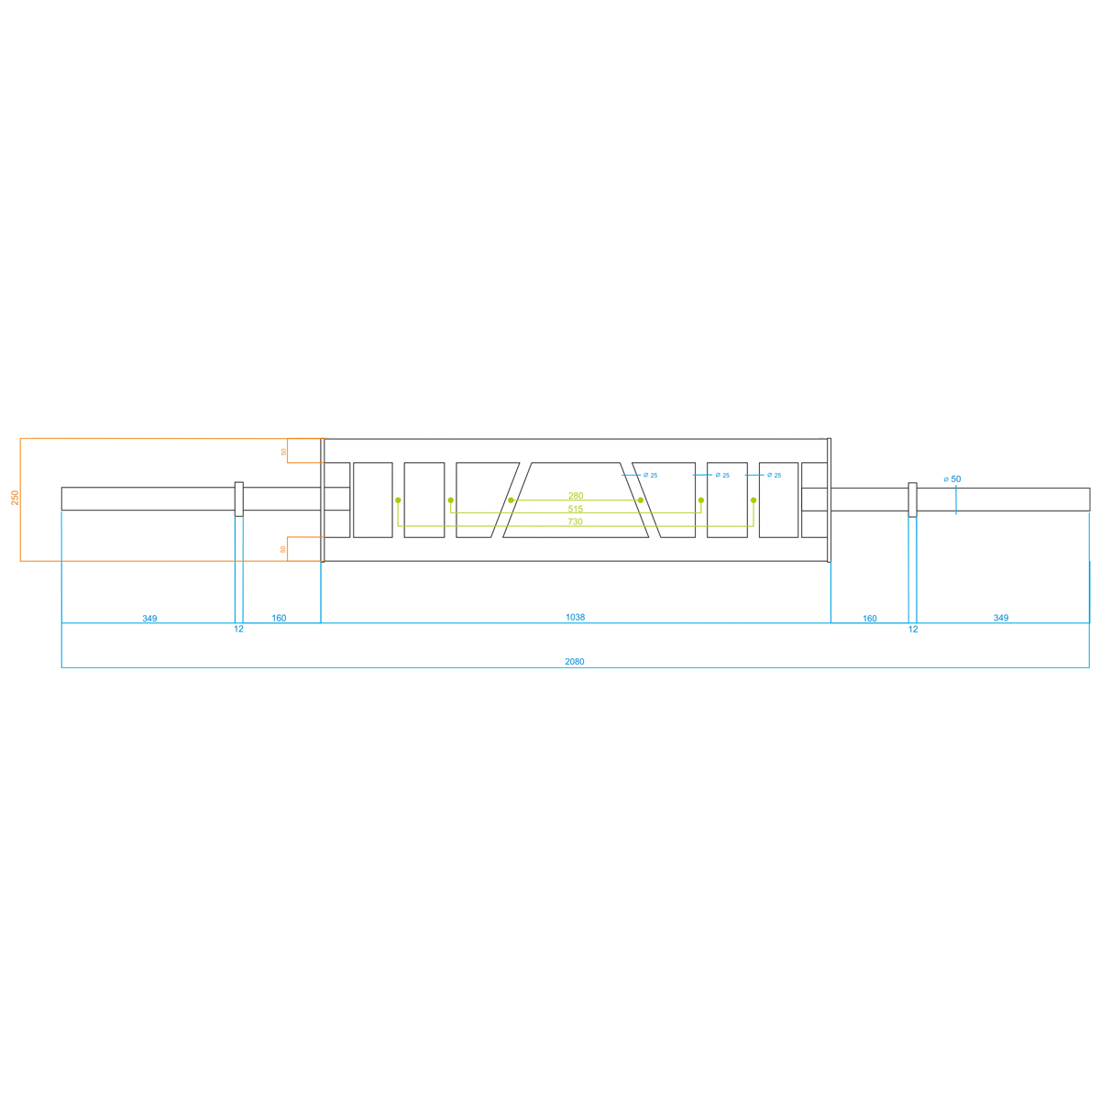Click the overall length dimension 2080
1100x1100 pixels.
[x=574, y=662]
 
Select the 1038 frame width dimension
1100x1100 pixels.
[x=575, y=617]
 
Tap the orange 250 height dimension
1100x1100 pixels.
[x=15, y=497]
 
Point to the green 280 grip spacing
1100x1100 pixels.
[x=576, y=496]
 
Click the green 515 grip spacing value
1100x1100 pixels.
[x=576, y=509]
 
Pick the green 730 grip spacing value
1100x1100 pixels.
[x=575, y=522]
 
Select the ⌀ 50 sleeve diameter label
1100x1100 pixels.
[x=952, y=478]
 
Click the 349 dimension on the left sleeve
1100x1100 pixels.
[x=149, y=618]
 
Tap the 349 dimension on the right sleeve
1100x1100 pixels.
[x=1001, y=618]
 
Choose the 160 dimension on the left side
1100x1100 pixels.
[x=279, y=618]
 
